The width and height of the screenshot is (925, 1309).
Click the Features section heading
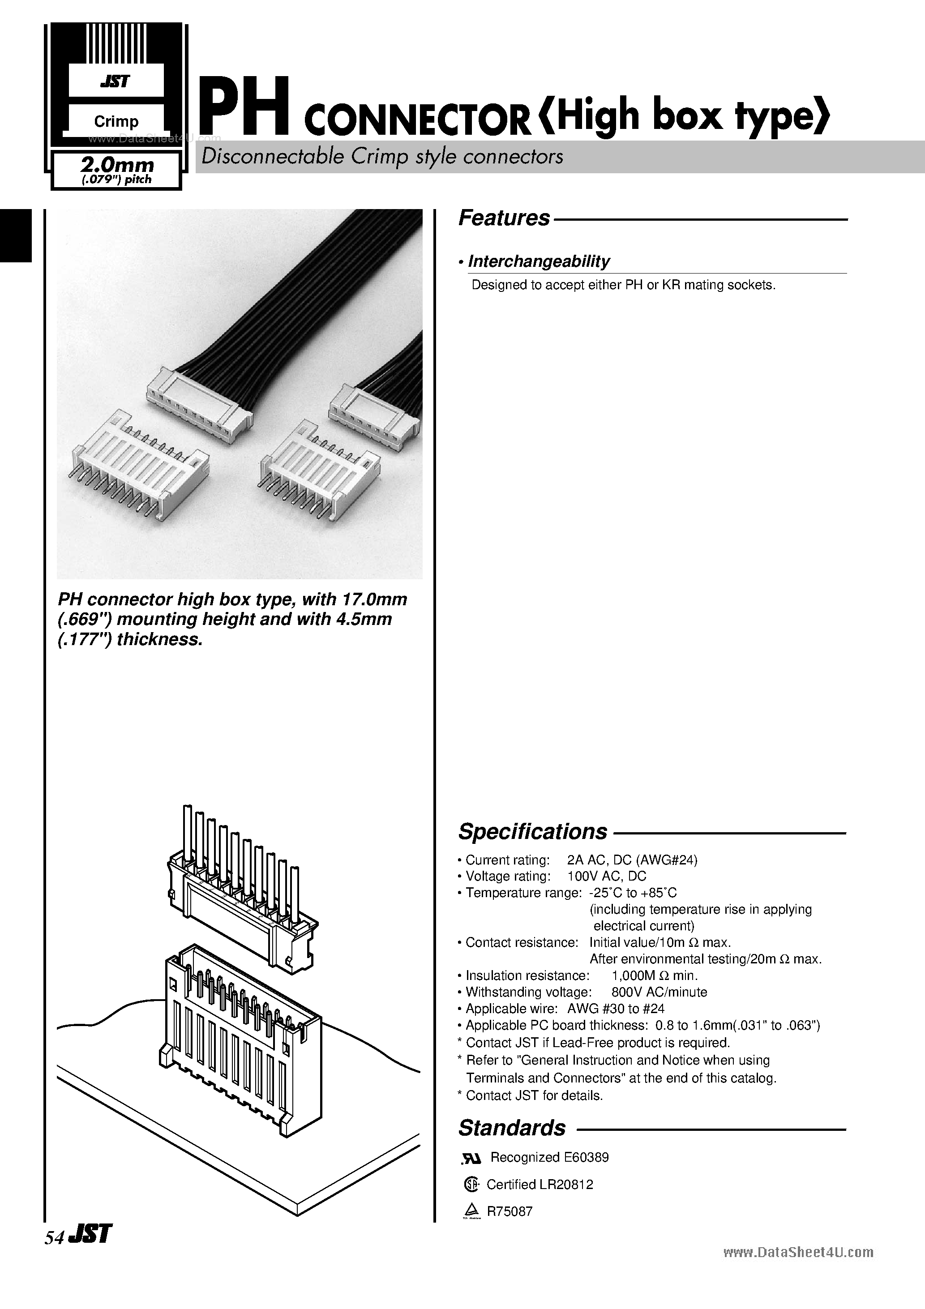504,218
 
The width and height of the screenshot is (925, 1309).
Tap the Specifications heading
533,832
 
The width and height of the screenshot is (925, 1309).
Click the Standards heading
512,1128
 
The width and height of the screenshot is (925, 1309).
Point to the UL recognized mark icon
471,1158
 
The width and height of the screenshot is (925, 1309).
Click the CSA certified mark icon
471,1185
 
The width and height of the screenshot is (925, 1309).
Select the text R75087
509,1211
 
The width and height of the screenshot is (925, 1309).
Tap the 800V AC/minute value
659,992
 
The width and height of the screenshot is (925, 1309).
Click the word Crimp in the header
116,121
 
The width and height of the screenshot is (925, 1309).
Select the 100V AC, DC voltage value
607,876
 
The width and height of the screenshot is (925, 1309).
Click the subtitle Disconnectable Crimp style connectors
382,157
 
